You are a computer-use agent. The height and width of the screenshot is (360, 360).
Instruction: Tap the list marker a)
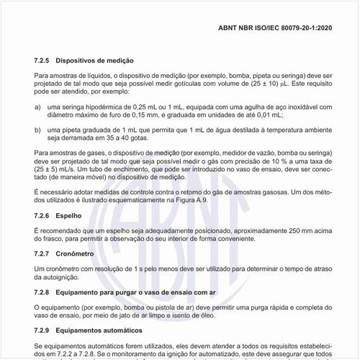coord(37,106)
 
